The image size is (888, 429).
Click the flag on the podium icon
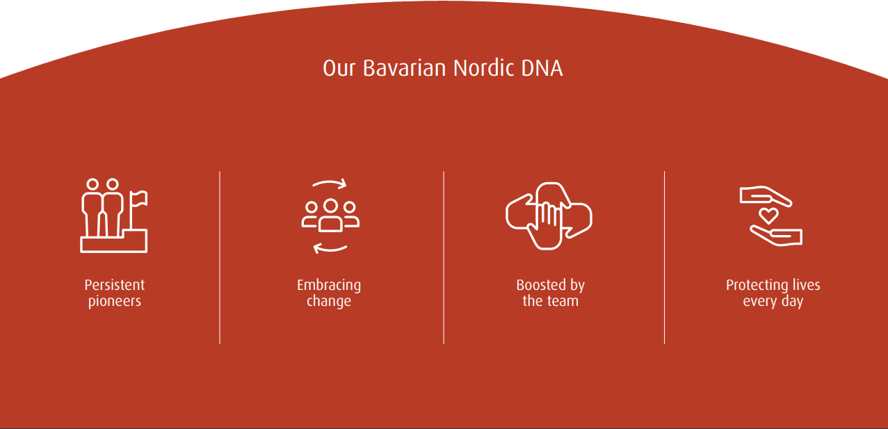pyautogui.click(x=139, y=199)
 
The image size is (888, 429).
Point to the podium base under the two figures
pyautogui.click(x=114, y=244)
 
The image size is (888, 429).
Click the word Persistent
pyautogui.click(x=115, y=285)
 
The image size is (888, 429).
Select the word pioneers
pyautogui.click(x=115, y=302)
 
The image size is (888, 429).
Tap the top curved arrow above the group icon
pyautogui.click(x=330, y=184)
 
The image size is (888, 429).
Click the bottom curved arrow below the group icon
pyautogui.click(x=330, y=248)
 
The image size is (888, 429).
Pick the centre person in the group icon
pyautogui.click(x=330, y=216)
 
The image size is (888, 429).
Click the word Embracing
pyautogui.click(x=329, y=285)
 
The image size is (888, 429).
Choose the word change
pyautogui.click(x=329, y=302)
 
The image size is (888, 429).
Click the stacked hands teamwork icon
pyautogui.click(x=549, y=216)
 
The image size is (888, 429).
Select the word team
pyautogui.click(x=563, y=302)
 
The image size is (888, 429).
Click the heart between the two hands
pyautogui.click(x=768, y=214)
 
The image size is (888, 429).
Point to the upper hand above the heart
pyautogui.click(x=764, y=195)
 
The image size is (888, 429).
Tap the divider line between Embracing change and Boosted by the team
pyautogui.click(x=444, y=257)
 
